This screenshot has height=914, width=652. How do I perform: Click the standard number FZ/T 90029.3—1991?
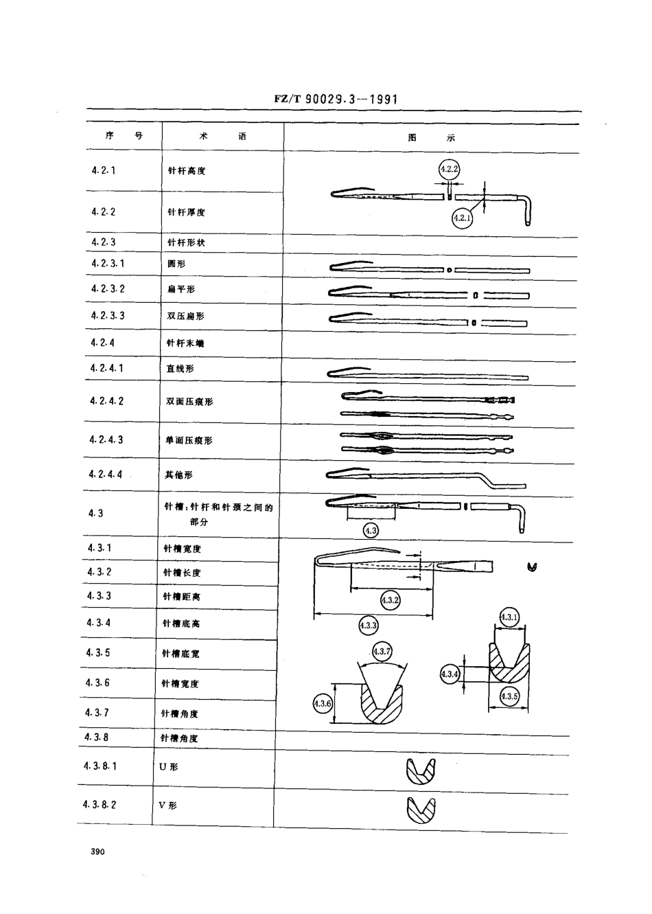tap(336, 99)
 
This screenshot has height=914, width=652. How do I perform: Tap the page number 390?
tap(97, 852)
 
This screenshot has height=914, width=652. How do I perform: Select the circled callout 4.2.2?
tap(449, 169)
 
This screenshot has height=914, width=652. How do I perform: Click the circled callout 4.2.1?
tap(463, 218)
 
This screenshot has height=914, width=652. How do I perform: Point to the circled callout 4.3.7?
tap(382, 651)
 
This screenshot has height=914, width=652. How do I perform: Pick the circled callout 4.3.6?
tap(323, 703)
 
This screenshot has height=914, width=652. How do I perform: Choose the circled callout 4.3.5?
tap(509, 697)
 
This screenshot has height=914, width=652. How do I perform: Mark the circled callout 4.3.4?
tap(450, 674)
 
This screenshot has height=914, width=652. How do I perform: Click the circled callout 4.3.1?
tap(509, 617)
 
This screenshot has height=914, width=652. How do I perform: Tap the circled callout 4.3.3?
tap(369, 625)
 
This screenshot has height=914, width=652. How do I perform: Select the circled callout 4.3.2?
tap(390, 601)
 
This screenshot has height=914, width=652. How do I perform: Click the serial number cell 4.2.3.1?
tap(108, 264)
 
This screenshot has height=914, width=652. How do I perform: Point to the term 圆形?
tap(176, 264)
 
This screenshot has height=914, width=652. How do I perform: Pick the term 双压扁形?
tap(185, 317)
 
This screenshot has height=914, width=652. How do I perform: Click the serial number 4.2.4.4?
tap(107, 475)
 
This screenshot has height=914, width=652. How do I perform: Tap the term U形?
tap(168, 766)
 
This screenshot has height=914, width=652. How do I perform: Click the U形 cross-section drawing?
tap(421, 771)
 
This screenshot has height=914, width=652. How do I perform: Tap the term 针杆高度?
tap(187, 171)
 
